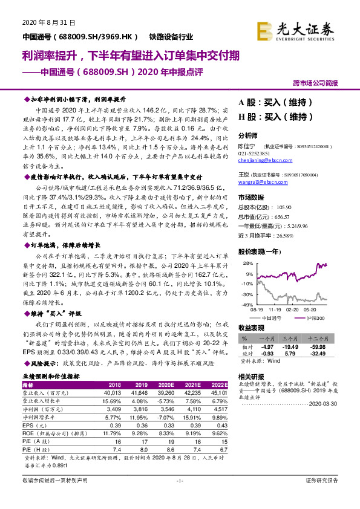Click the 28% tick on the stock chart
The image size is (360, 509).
[248, 264]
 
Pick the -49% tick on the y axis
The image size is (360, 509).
[247, 305]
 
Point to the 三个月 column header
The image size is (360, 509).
[292, 339]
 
